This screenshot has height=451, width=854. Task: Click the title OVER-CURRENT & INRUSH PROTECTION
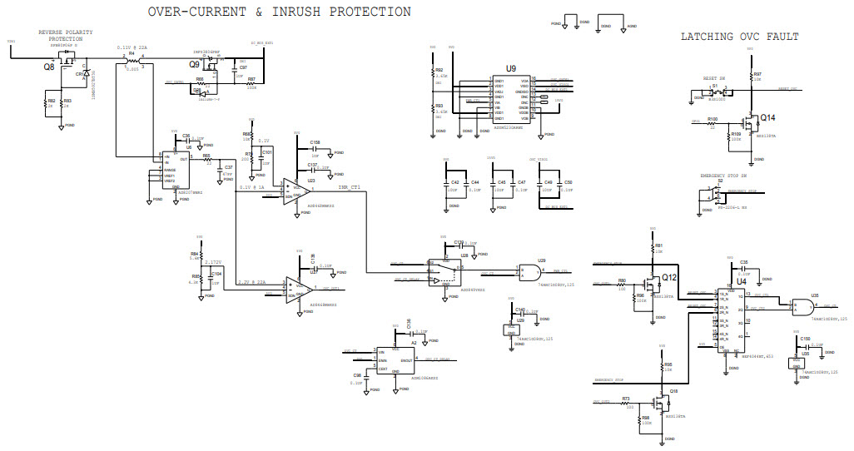tap(279, 12)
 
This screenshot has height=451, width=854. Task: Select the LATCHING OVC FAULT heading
tap(739, 37)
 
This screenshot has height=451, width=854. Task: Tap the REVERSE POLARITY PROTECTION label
tap(65, 35)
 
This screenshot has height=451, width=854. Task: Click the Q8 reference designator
tap(49, 67)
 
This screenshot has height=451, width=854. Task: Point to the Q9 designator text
tap(193, 63)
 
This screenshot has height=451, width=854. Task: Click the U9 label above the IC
tap(510, 68)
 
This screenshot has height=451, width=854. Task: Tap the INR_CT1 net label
tap(349, 187)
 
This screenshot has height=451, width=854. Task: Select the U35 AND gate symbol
tap(802, 305)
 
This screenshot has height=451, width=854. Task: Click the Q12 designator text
tap(669, 277)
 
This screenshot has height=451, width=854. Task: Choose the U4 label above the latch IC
tap(741, 282)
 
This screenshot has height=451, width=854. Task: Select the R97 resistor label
tap(757, 74)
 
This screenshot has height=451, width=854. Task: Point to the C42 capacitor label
tap(454, 181)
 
